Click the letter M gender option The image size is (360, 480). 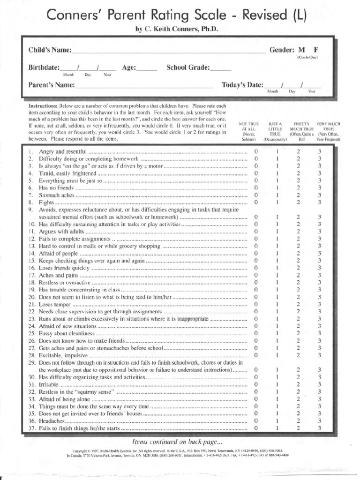click(x=301, y=50)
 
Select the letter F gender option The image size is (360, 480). click(x=316, y=50)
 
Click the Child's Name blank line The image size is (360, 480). click(x=169, y=52)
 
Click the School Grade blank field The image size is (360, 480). click(x=220, y=69)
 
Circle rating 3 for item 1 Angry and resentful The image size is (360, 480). click(x=319, y=151)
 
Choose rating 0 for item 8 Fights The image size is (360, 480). click(x=256, y=202)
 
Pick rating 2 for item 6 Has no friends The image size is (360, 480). click(x=298, y=187)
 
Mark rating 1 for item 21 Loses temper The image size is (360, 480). click(x=277, y=304)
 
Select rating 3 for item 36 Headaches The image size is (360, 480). click(x=319, y=420)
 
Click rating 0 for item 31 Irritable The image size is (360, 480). click(x=256, y=384)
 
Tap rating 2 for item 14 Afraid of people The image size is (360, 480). click(x=298, y=253)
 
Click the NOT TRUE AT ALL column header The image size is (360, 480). click(x=248, y=131)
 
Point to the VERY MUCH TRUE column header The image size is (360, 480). click(x=328, y=131)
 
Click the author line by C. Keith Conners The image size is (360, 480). click(x=177, y=29)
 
